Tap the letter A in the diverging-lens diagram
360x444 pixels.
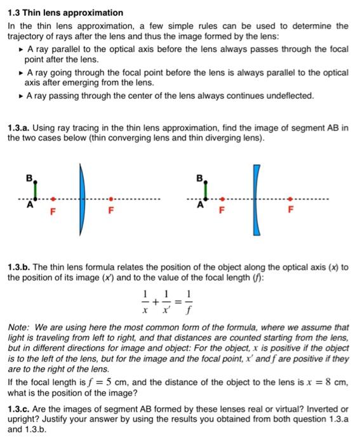199,205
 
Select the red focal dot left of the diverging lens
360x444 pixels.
221,198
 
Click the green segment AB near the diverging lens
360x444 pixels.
206,189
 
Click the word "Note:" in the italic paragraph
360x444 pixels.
18,328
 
